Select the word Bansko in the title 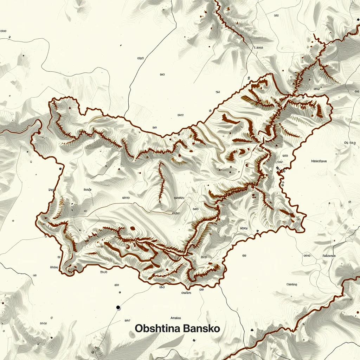(x=201, y=329)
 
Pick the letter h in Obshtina (x=156, y=329)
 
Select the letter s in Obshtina (x=151, y=329)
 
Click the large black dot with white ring (x=118, y=308)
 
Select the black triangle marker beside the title (x=252, y=330)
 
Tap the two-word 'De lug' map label (x=350, y=143)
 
